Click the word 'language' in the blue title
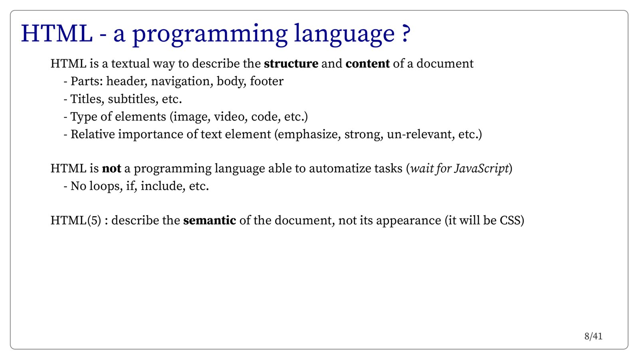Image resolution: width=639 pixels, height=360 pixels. point(344,35)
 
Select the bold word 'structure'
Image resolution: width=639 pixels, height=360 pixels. point(291,63)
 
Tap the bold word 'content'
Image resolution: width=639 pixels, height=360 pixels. point(367,63)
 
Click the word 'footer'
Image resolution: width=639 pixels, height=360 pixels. point(267,81)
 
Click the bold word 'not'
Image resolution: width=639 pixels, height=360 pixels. point(111,168)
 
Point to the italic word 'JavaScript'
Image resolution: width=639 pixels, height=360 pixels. point(481,168)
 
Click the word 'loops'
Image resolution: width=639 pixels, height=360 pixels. point(106,186)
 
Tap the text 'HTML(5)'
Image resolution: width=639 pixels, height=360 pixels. point(76,221)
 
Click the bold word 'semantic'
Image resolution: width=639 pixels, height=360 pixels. point(210,221)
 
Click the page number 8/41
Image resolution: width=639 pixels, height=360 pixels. point(593,336)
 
